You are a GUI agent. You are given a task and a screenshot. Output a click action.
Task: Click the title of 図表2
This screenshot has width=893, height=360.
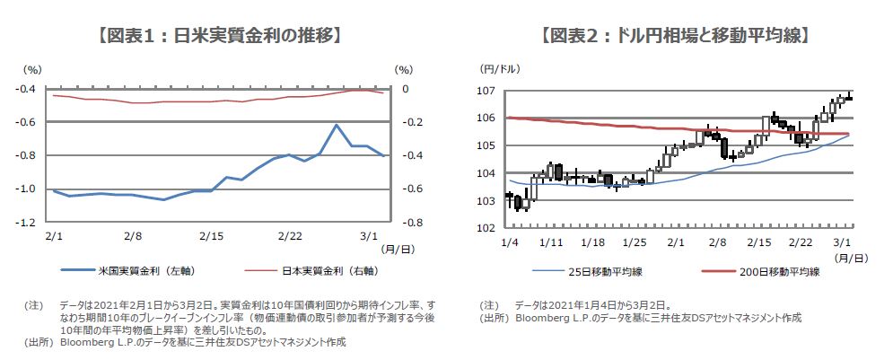(674, 36)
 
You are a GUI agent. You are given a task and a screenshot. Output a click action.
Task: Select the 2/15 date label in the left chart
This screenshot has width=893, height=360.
(212, 236)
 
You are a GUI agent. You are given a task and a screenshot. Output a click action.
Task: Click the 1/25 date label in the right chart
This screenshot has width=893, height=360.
(634, 242)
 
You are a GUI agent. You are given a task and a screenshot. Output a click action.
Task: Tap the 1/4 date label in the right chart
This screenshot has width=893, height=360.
(509, 242)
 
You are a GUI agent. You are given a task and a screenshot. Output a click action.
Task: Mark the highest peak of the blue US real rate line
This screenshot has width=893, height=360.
(336, 126)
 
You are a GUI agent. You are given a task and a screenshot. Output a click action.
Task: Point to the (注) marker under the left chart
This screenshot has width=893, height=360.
(32, 305)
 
